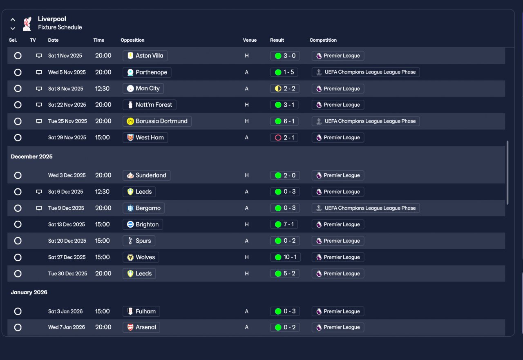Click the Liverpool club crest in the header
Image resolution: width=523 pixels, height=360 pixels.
(27, 24)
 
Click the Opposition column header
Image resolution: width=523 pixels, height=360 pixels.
(132, 40)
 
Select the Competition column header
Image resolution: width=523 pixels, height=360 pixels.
(323, 40)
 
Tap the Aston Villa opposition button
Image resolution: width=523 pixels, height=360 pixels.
(145, 56)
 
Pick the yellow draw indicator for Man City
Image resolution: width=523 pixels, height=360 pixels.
(278, 89)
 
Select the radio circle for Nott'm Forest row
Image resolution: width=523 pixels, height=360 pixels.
(18, 105)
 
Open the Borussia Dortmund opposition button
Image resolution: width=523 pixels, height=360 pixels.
(157, 121)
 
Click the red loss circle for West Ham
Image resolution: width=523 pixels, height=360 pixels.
(278, 138)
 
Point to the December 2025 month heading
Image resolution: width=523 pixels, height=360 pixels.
(31, 157)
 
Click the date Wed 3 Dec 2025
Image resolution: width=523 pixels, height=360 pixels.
(67, 175)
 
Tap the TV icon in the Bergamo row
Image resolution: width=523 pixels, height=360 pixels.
(39, 208)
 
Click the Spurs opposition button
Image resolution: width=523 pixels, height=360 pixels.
(139, 241)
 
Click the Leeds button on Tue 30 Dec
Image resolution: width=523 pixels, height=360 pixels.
(139, 273)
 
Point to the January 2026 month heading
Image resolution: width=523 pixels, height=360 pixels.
(29, 292)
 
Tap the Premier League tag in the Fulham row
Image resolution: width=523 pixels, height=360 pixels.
(338, 311)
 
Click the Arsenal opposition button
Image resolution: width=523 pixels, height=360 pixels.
(141, 327)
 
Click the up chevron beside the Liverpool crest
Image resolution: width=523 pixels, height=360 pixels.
(13, 20)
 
